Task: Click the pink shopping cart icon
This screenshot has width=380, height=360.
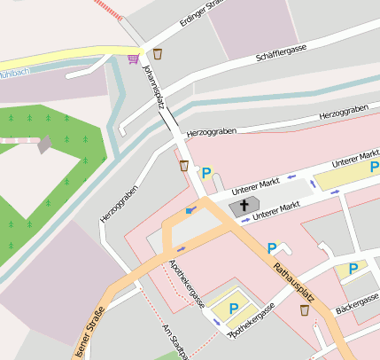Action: tap(133, 59)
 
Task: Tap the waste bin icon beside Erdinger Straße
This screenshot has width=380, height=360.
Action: tap(157, 54)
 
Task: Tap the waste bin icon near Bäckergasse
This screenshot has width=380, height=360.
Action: tap(305, 310)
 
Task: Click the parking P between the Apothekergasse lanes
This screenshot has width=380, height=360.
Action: tap(234, 308)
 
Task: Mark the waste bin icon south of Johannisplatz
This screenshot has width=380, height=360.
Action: tap(183, 165)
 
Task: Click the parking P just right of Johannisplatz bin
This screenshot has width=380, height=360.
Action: tap(206, 173)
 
